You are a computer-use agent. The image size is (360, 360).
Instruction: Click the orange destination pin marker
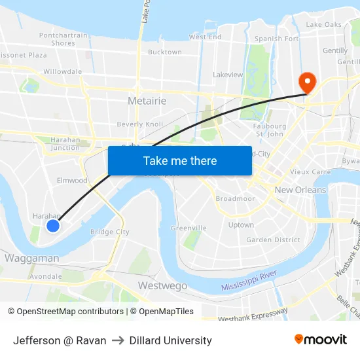(306, 82)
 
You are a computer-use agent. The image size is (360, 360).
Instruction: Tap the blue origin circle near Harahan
(53, 226)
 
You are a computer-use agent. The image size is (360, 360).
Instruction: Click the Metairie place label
(147, 101)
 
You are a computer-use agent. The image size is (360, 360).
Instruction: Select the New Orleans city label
(300, 190)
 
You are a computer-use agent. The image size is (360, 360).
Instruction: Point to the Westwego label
(162, 285)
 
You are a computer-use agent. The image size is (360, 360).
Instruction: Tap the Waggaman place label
(31, 258)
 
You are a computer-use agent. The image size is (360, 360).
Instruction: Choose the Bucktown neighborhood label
(165, 52)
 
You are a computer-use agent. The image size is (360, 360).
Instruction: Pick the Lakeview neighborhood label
(228, 75)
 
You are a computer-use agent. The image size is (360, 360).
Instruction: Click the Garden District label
(273, 240)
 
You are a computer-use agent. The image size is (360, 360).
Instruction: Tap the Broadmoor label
(235, 198)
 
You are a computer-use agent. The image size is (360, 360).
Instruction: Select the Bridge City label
(110, 232)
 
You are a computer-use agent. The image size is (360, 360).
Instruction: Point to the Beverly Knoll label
(140, 124)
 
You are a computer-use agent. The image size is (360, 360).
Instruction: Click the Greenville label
(189, 228)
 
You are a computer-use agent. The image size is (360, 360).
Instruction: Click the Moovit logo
(321, 339)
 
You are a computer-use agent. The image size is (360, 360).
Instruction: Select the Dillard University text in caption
(171, 340)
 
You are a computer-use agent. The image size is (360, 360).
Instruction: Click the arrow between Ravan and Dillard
(118, 340)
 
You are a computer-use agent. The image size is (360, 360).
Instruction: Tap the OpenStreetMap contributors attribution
(70, 312)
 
